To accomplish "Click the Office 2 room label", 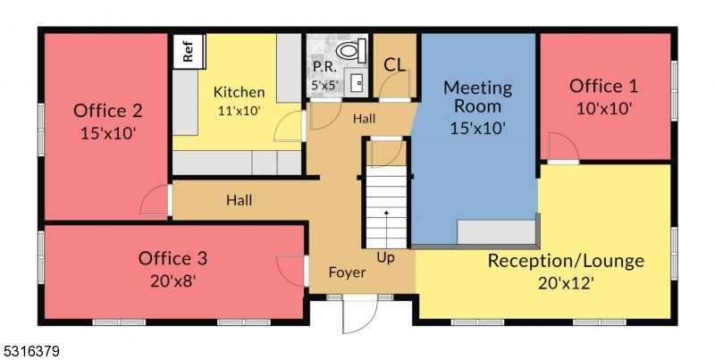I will click(108, 112).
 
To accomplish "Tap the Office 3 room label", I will click(172, 259).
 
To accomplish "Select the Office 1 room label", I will click(604, 87).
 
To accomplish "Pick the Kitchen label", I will click(239, 92).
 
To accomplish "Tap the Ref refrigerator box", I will click(188, 51).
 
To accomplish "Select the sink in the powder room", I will click(357, 82).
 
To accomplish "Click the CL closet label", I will click(394, 64).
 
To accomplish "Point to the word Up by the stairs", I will click(385, 257).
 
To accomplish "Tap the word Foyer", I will click(347, 272).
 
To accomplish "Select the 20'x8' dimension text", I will click(172, 280).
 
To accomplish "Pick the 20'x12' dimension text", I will click(566, 282).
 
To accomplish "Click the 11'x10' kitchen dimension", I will click(239, 112).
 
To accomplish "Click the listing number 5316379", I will click(31, 352).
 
